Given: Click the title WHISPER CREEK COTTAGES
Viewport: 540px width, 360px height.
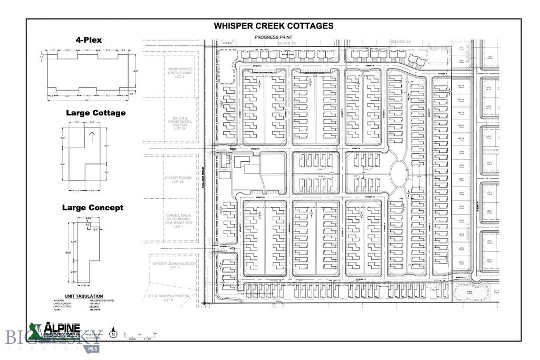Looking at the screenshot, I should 273,26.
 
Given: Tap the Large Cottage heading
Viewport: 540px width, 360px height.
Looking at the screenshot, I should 95,113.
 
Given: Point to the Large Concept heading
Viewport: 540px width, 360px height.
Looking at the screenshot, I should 93,208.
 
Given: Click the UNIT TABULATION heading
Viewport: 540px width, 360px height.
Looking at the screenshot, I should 84,296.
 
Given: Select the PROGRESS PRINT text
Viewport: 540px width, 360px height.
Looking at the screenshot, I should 273,37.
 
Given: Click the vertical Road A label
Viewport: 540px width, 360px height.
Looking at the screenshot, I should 476,201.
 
